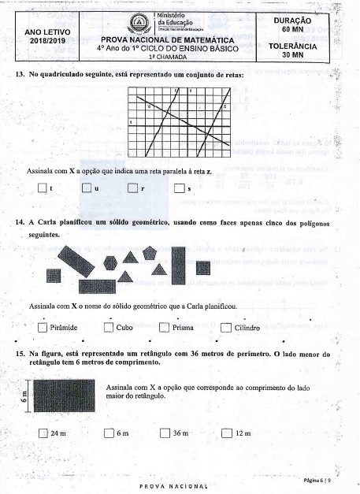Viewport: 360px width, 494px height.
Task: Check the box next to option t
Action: click(x=43, y=189)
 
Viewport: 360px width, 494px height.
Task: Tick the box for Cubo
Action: click(x=109, y=329)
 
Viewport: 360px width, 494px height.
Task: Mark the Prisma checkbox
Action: click(x=165, y=329)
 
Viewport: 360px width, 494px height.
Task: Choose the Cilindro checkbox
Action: click(x=226, y=329)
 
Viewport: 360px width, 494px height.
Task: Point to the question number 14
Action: click(x=20, y=222)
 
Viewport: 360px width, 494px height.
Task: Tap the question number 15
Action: click(x=20, y=355)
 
